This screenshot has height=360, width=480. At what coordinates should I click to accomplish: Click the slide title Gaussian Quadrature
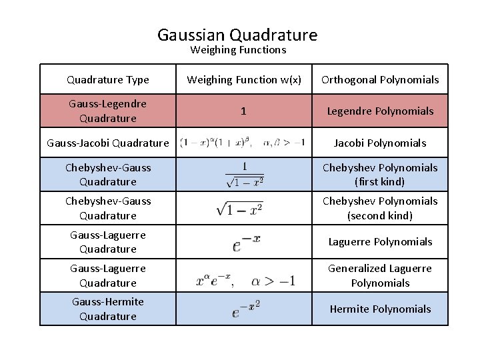pos(237,35)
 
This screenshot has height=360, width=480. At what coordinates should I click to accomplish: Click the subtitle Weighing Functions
pos(238,50)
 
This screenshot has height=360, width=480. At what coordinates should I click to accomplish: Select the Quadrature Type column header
pos(108,80)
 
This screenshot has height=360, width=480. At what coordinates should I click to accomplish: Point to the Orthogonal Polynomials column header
pos(380,80)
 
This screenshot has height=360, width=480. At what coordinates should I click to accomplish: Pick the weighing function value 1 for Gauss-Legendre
pos(243,111)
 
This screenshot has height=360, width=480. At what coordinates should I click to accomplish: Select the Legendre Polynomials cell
pos(380,111)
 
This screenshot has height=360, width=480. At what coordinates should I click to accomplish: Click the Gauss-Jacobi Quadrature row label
pos(108,143)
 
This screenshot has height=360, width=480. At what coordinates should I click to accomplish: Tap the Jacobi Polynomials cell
pos(380,143)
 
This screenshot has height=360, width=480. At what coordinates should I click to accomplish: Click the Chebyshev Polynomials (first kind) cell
pos(380,174)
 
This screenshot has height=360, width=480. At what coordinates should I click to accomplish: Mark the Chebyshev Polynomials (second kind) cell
pos(380,208)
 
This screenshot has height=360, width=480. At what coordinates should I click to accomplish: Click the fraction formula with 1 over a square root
pos(244,174)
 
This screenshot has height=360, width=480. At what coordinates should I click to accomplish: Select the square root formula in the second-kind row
pos(240,208)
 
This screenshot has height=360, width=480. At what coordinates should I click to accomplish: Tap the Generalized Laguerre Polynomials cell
pos(380,275)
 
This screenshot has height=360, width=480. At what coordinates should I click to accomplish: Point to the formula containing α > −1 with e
pos(245,281)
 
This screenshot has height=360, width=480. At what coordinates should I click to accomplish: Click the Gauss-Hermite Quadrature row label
pos(108,309)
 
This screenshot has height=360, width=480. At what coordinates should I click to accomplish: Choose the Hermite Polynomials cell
pos(380,309)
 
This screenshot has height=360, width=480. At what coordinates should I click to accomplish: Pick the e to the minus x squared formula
pos(246,309)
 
